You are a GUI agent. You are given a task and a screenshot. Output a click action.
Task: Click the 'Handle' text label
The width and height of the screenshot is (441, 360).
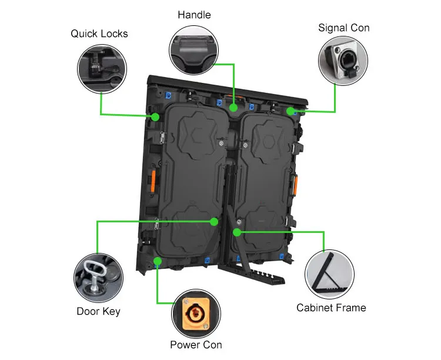[x=193, y=14]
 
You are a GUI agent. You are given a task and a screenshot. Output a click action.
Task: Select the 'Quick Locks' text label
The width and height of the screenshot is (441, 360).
[x=99, y=34]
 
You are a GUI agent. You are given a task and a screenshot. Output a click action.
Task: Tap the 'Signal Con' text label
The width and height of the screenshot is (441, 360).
[x=344, y=28]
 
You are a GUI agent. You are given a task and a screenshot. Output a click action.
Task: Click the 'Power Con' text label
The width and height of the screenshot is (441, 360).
[x=196, y=345]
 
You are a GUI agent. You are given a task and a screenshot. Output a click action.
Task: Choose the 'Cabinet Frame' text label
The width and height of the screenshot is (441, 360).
[x=331, y=308]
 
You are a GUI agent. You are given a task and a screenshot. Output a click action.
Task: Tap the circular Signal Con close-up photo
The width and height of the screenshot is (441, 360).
[x=343, y=61]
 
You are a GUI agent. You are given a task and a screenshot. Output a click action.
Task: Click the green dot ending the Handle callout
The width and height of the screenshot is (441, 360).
[x=234, y=108]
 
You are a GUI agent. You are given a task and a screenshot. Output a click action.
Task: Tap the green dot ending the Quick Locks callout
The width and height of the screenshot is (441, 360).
[x=155, y=117]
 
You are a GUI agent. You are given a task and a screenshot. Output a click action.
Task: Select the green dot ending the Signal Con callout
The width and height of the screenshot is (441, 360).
[x=290, y=111]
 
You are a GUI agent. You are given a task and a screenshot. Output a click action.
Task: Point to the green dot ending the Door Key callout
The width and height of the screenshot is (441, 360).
[x=215, y=222]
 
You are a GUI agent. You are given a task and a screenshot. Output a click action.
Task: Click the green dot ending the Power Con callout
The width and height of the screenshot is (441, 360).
[x=158, y=260]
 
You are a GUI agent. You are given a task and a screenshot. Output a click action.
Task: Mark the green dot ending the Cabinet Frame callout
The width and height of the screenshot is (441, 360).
[x=236, y=232]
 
